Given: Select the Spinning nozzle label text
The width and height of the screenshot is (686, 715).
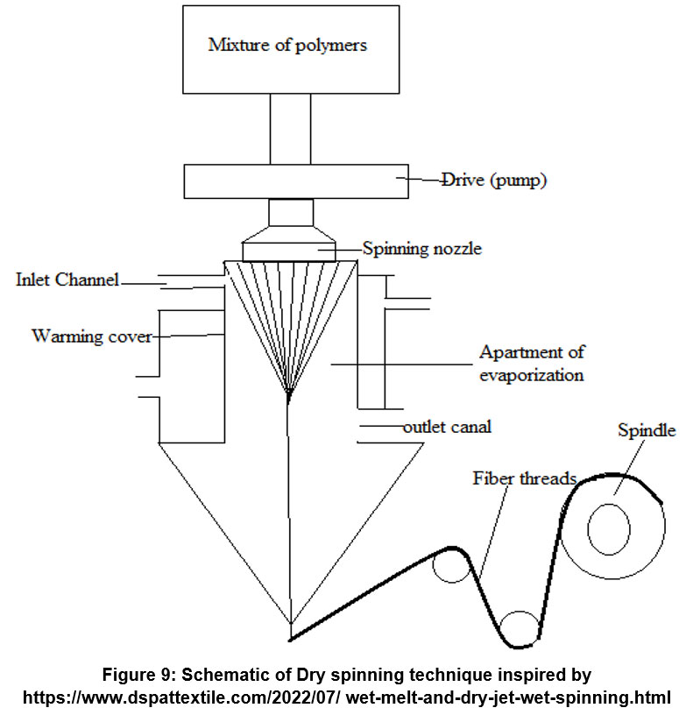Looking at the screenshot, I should click(421, 249).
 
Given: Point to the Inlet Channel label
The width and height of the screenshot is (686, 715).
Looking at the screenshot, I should click(67, 280).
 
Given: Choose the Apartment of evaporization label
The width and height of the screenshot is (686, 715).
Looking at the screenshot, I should click(531, 363).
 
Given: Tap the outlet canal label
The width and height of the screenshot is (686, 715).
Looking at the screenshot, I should click(447, 428).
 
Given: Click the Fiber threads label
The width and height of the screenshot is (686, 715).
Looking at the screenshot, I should click(524, 478).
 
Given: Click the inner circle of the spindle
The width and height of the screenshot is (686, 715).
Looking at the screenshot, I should click(609, 532).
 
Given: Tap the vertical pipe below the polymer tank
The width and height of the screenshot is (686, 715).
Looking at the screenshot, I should click(289, 129).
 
